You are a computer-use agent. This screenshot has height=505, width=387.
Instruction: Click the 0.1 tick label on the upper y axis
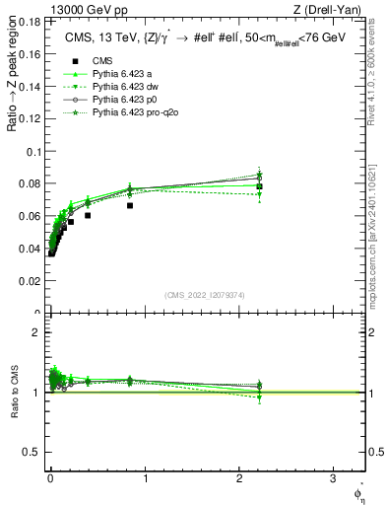33,152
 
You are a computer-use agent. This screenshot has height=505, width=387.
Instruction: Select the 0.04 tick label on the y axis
32,249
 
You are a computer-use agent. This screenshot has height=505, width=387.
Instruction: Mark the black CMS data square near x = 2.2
259,186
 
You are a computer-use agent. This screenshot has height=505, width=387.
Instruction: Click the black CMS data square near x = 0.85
130,205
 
